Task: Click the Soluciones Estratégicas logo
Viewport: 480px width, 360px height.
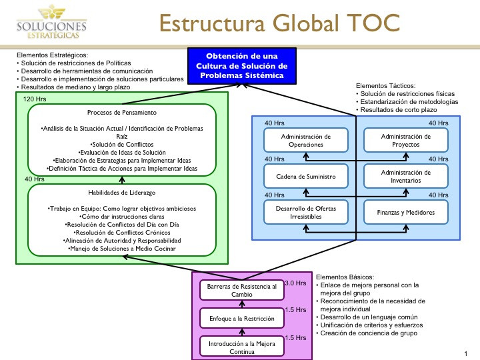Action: (x=52, y=22)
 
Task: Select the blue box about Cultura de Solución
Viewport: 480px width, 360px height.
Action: (x=242, y=66)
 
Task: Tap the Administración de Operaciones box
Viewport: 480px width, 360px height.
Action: (x=306, y=140)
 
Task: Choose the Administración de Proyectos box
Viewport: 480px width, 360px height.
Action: (x=405, y=140)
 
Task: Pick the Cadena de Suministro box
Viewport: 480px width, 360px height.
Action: (x=306, y=176)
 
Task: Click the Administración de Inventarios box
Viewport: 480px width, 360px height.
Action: (x=405, y=176)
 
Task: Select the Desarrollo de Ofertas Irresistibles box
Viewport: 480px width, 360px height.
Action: (x=306, y=212)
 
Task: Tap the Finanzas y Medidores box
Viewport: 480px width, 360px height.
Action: (x=405, y=212)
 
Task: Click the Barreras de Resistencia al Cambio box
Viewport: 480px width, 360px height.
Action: (x=242, y=290)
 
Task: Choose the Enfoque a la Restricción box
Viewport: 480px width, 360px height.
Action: (x=242, y=319)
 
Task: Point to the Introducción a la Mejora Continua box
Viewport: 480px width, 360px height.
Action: (x=242, y=347)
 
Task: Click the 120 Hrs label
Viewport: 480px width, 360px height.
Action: (x=35, y=99)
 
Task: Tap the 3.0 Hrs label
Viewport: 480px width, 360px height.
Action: (x=296, y=283)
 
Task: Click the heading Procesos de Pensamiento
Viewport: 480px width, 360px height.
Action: (x=122, y=113)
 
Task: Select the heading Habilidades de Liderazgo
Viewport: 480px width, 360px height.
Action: (x=122, y=193)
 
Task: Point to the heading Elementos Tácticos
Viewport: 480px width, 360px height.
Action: (x=386, y=86)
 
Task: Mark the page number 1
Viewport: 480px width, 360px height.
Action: (x=466, y=353)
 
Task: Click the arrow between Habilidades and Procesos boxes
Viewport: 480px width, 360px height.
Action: (x=122, y=180)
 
